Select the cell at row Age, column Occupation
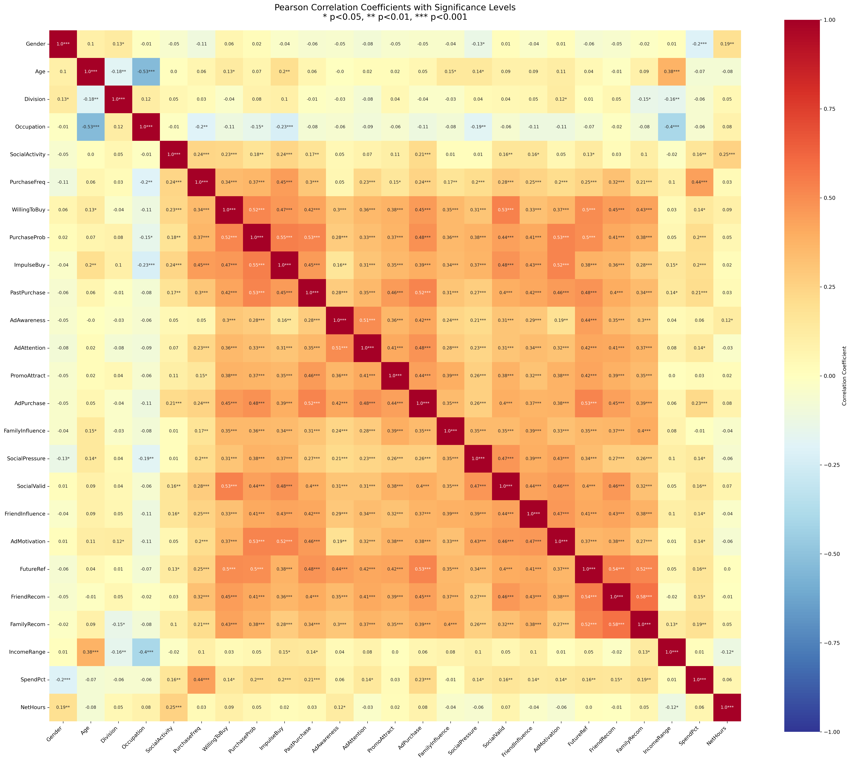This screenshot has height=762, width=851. click(x=146, y=72)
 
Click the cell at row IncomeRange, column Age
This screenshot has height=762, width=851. click(x=91, y=652)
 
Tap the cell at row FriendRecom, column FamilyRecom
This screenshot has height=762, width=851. click(x=644, y=597)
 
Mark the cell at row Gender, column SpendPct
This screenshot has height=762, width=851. click(x=699, y=44)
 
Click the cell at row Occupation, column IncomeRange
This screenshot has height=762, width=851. click(x=672, y=127)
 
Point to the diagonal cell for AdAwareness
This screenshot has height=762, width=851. click(x=340, y=320)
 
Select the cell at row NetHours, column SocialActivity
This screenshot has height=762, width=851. click(x=173, y=707)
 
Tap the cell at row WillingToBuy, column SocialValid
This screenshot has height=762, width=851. click(x=506, y=210)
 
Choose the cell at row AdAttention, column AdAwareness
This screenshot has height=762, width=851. click(x=340, y=348)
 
